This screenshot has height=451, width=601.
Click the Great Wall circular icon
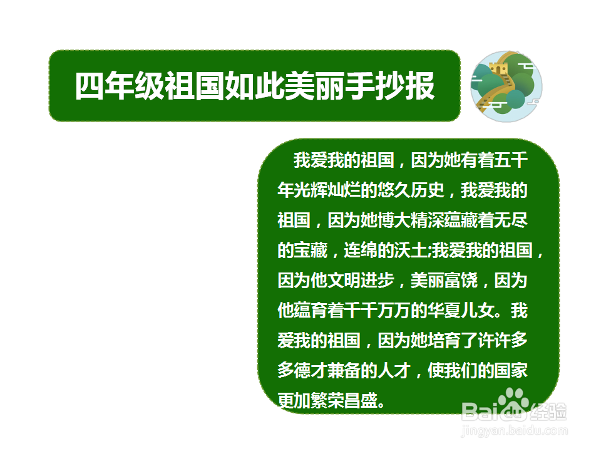coord(506,86)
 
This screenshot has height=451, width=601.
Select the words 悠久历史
coord(411,190)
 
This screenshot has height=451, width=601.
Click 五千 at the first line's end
coord(511,160)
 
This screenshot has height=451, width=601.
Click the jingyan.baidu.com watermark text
coord(513,431)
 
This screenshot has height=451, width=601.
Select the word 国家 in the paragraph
coord(511,370)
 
